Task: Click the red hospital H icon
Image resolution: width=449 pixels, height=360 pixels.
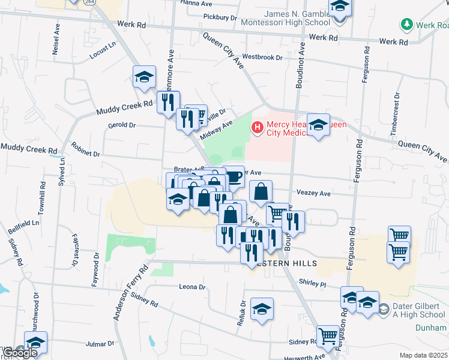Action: coord(258,127)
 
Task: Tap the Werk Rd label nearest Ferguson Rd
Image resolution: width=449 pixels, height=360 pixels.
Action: coord(394,42)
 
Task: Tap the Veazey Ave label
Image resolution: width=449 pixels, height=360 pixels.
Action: coord(313,194)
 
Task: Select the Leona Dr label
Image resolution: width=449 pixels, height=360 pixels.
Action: coord(192,287)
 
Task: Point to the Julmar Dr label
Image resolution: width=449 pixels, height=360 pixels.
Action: coord(100,344)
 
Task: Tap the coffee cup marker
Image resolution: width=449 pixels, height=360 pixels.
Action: coord(234,176)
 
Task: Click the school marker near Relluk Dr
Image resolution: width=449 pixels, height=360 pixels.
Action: coord(262,310)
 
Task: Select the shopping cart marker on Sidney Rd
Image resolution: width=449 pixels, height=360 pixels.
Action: coord(328,337)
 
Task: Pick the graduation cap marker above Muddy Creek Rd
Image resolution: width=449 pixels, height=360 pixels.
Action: coord(144,77)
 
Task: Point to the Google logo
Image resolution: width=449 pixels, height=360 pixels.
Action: coord(20,353)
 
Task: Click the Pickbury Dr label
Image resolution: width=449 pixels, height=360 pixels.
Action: coord(220,18)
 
